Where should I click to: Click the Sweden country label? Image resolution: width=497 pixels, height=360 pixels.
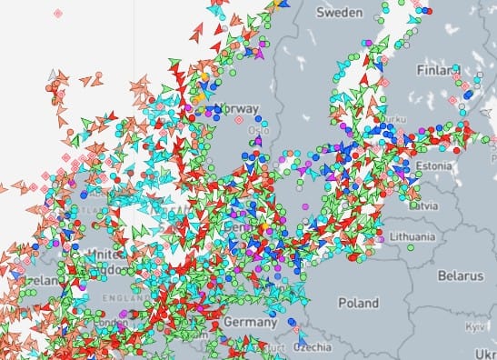(341, 13)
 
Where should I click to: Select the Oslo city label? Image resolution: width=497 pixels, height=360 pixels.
(258, 130)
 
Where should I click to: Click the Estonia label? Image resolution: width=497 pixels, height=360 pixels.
(434, 165)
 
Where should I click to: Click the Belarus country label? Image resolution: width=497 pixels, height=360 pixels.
(459, 274)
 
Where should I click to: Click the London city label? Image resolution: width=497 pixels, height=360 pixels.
(111, 324)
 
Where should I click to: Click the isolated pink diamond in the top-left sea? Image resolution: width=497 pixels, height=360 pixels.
(58, 14)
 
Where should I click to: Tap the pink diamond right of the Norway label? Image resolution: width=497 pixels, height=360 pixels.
(240, 119)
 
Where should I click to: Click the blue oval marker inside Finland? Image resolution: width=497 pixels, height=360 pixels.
(466, 93)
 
